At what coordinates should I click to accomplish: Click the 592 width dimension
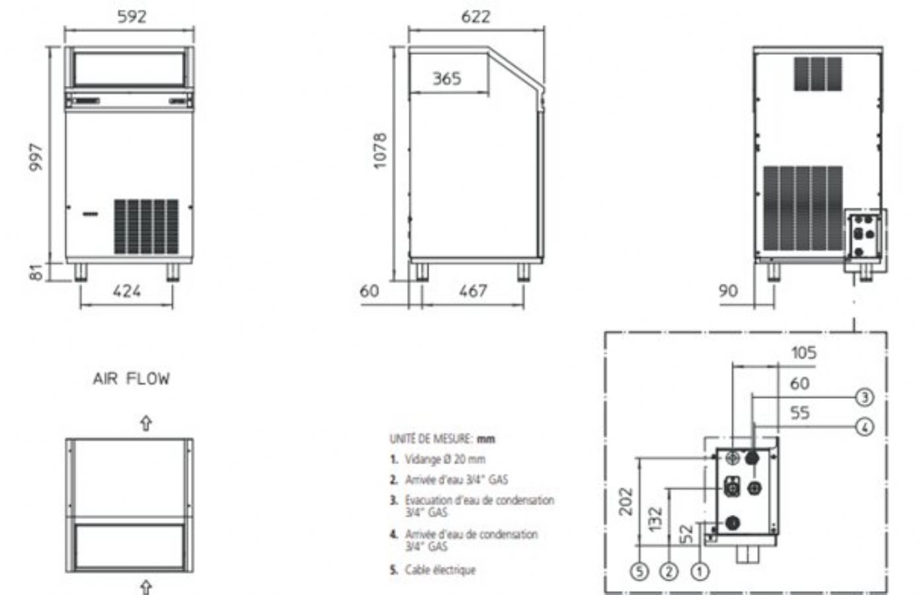pos(132,17)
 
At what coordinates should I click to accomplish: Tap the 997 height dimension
pos(36,157)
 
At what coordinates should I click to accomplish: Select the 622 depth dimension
pos(476,17)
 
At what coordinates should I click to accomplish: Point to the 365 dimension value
pos(447,78)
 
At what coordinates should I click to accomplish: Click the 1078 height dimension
pos(380,151)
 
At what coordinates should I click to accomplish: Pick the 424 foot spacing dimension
pos(127,291)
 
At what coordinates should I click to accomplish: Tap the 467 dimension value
pos(473,291)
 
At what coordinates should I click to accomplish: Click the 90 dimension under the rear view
pos(728,291)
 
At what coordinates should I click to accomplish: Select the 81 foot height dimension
pos(36,272)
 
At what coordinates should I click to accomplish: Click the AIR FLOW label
pos(131,379)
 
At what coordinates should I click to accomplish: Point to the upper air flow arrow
pos(146,424)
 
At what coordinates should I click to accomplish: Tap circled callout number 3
pos(865,397)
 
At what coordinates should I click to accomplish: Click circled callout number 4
pos(865,428)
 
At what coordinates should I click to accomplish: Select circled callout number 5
pos(639,572)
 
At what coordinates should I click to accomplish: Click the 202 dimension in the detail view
pos(625,502)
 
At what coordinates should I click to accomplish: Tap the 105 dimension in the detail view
pos(804,353)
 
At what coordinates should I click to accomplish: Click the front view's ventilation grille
pos(146,227)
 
